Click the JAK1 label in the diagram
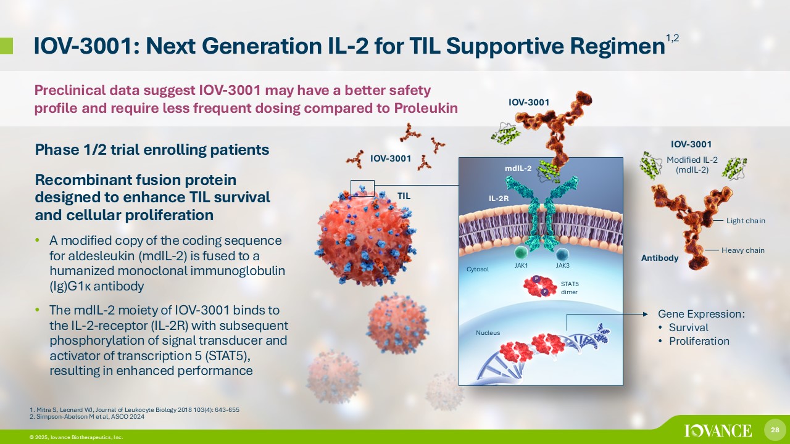pyautogui.click(x=520, y=266)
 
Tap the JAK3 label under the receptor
pyautogui.click(x=562, y=266)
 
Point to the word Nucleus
pyautogui.click(x=488, y=333)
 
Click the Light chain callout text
pyautogui.click(x=746, y=221)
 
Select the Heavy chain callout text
pyautogui.click(x=743, y=250)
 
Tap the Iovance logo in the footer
pyautogui.click(x=718, y=430)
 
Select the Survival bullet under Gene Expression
pyautogui.click(x=688, y=327)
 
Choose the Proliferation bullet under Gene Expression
pyautogui.click(x=699, y=341)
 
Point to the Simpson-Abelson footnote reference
pyautogui.click(x=87, y=417)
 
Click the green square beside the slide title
pyautogui.click(x=6, y=45)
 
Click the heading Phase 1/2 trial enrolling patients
pyautogui.click(x=152, y=149)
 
